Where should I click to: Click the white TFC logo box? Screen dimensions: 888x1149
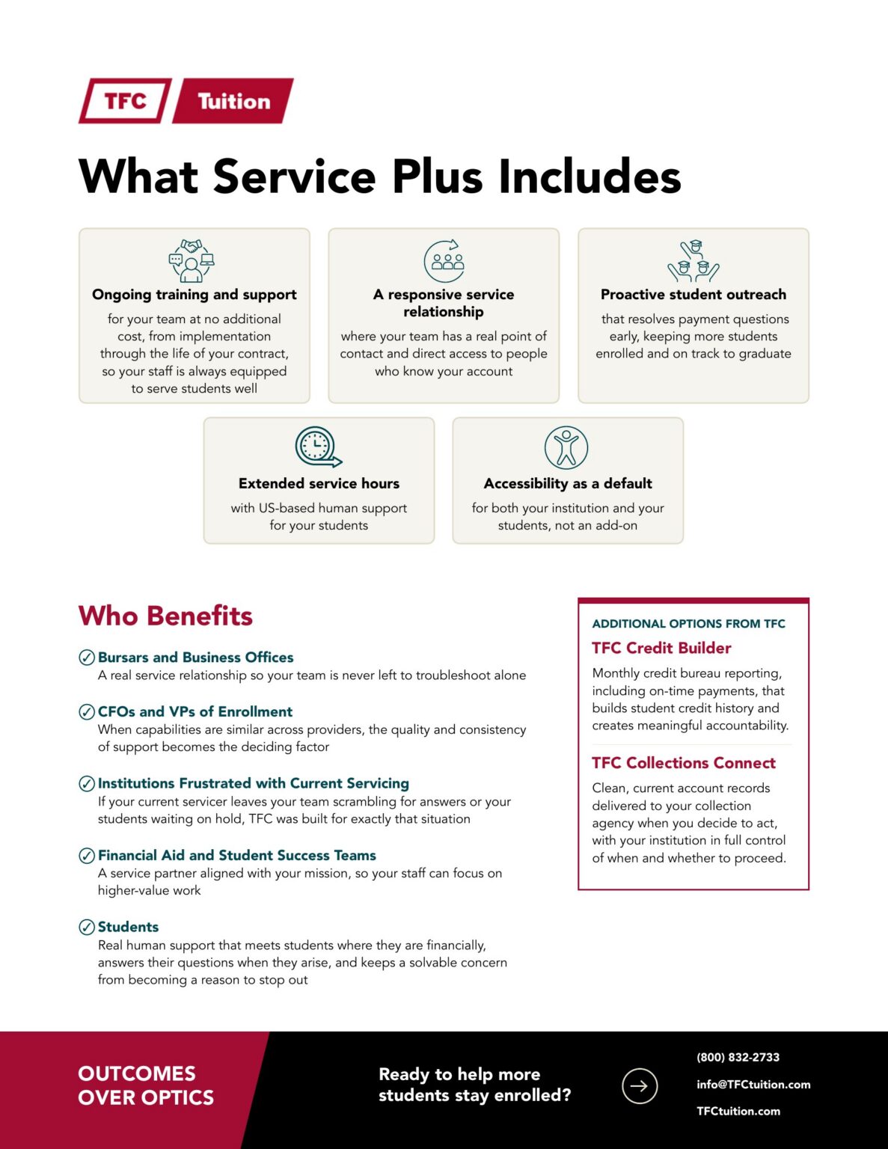[x=125, y=101]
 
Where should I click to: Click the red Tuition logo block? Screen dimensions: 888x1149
[x=233, y=101]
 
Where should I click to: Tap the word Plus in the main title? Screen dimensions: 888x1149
[x=437, y=177]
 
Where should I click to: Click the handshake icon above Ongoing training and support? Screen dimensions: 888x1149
[x=192, y=260]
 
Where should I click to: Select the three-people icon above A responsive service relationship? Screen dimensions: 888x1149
[x=444, y=260]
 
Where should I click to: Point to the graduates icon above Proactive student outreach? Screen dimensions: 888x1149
[x=693, y=260]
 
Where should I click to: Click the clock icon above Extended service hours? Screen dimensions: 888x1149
[x=318, y=447]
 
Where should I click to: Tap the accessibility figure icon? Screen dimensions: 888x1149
[x=566, y=448]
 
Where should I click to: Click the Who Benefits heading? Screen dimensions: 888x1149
[x=165, y=616]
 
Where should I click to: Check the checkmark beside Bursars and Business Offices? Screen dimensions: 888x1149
[x=87, y=658]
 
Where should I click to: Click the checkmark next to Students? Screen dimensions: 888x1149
[x=87, y=927]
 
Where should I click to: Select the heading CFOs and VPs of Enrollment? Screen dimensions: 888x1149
[x=195, y=711]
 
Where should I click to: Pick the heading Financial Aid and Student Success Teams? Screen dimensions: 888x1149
[x=237, y=855]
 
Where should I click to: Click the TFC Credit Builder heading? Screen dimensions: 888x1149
[x=661, y=648]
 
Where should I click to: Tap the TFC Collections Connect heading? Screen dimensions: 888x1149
[x=684, y=762]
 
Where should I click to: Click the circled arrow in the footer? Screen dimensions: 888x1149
[x=640, y=1086]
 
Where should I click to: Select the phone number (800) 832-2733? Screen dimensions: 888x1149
[x=738, y=1057]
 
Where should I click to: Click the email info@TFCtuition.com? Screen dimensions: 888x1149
[x=753, y=1085]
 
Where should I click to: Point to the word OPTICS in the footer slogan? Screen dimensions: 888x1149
[x=175, y=1097]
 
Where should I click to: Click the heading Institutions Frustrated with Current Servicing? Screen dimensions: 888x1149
[x=254, y=783]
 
